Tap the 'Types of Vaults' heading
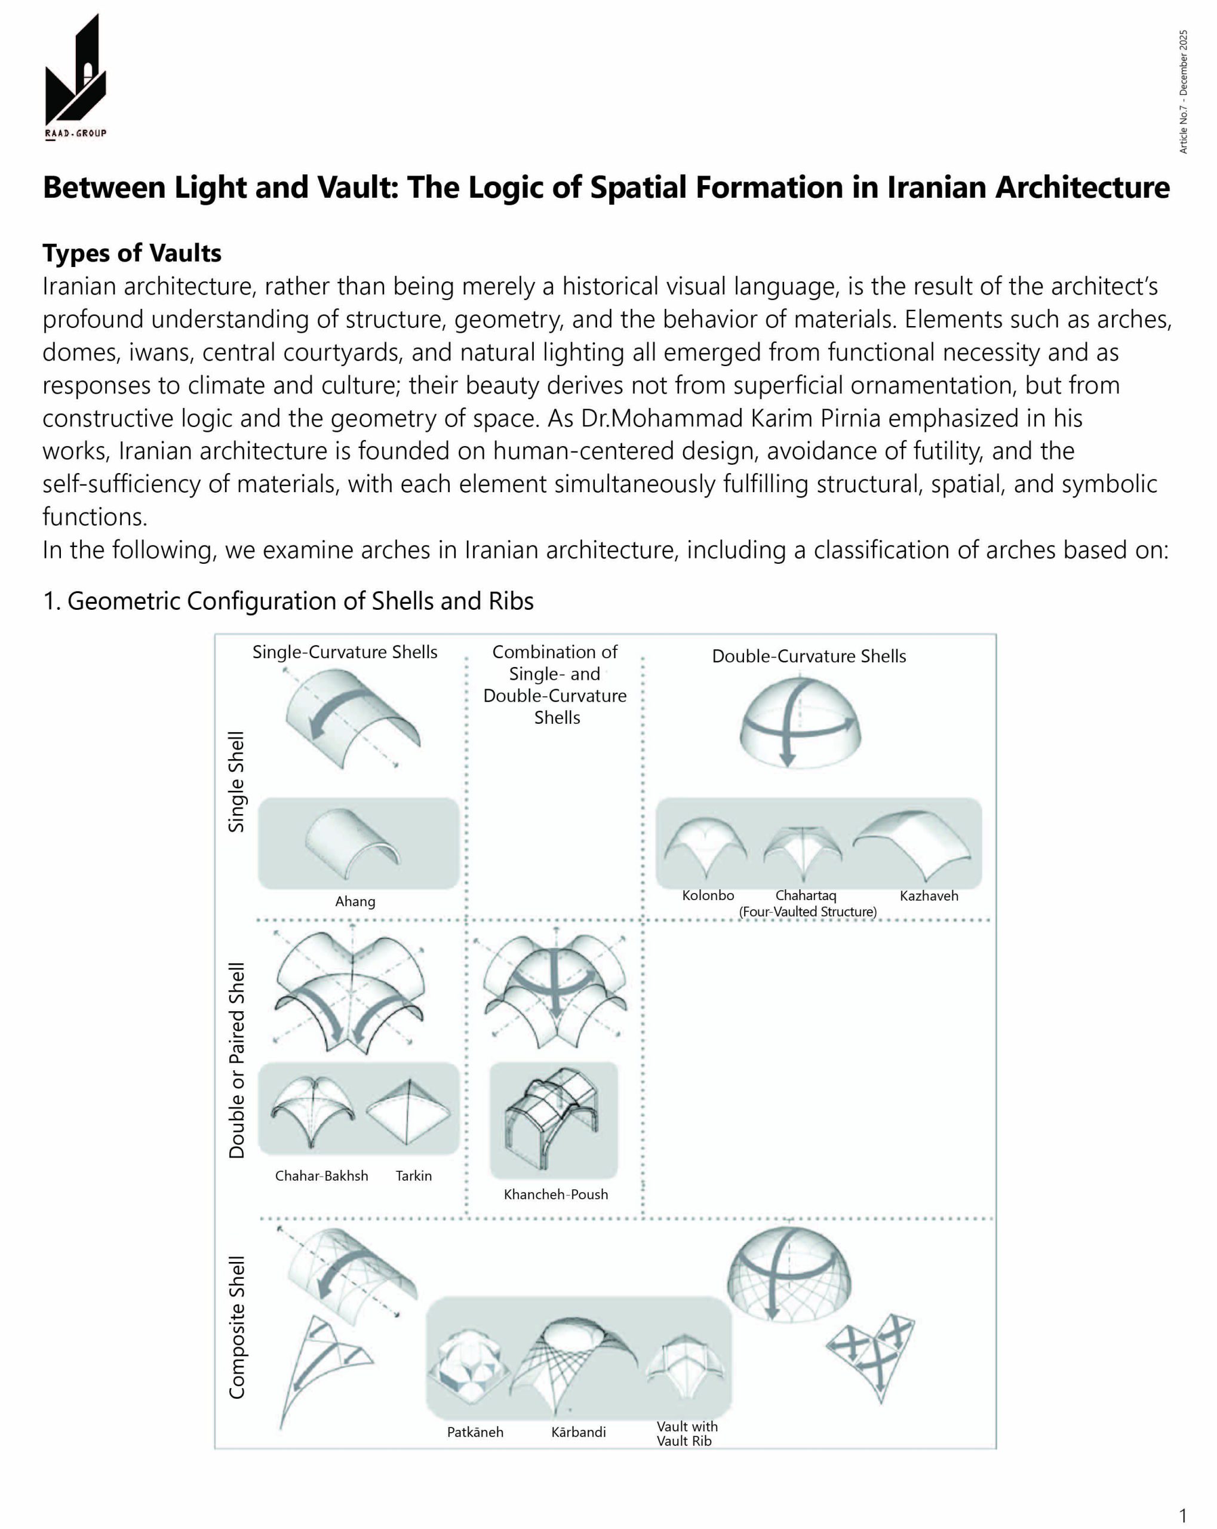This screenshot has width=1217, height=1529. pyautogui.click(x=132, y=253)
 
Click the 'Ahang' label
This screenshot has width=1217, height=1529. pyautogui.click(x=355, y=901)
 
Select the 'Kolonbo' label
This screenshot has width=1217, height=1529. pyautogui.click(x=707, y=896)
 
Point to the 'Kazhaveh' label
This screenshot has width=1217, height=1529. pyautogui.click(x=929, y=896)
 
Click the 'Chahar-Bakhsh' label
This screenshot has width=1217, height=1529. pyautogui.click(x=321, y=1176)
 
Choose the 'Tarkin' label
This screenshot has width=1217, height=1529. pyautogui.click(x=413, y=1176)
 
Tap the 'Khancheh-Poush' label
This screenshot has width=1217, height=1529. pyautogui.click(x=555, y=1195)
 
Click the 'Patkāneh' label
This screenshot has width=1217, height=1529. pyautogui.click(x=475, y=1432)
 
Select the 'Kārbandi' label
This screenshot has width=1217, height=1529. pyautogui.click(x=578, y=1432)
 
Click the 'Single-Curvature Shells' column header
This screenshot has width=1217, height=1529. pyautogui.click(x=345, y=652)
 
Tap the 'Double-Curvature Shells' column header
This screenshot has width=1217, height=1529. pyautogui.click(x=809, y=656)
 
